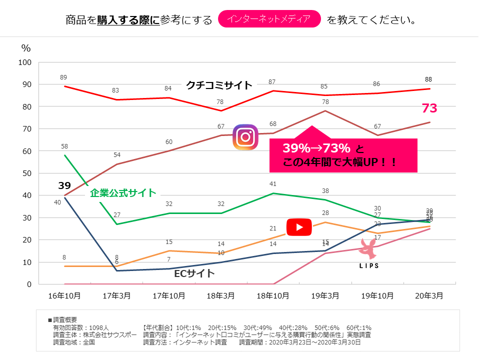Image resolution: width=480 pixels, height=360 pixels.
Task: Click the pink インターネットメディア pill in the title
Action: pos(269,19)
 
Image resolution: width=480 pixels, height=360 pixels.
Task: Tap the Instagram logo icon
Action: pos(245,137)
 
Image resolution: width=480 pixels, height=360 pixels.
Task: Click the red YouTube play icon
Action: pos(299,227)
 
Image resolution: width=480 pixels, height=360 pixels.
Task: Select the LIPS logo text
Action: pos(369,266)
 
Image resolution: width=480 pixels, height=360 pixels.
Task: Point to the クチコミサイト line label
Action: pos(219,85)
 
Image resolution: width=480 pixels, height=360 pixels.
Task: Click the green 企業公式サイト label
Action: pos(123,193)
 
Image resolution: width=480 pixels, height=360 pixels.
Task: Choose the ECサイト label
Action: pos(194,273)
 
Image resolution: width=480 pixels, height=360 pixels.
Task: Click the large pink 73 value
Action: pos(429,108)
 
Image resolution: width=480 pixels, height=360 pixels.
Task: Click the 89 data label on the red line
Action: pos(63,77)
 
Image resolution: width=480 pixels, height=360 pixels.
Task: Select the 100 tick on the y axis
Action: pos(24,62)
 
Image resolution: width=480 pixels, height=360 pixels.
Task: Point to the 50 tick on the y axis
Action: pos(26,173)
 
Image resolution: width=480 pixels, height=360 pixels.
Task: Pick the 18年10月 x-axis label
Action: pos(272,295)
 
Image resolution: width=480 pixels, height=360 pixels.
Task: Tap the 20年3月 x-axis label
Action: pos(429,295)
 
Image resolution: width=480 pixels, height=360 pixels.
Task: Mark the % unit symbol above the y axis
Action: pos(26,48)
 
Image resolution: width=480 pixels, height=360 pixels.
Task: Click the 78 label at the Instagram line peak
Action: pos(324,102)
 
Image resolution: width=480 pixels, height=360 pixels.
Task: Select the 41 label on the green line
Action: pos(272,184)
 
